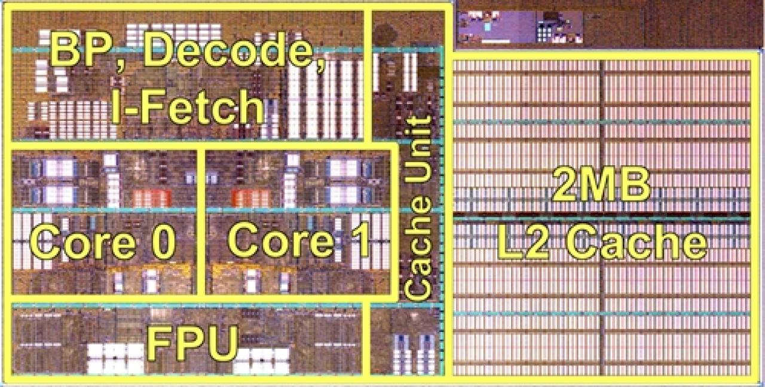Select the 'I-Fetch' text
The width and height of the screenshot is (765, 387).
point(188,105)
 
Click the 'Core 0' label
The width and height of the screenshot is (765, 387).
point(103,240)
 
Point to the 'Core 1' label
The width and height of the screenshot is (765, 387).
point(298,239)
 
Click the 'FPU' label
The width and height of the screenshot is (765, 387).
point(192,343)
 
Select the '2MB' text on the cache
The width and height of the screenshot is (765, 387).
point(601,185)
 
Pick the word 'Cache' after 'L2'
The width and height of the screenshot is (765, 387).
point(637,242)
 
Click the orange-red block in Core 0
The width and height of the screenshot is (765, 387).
point(152,199)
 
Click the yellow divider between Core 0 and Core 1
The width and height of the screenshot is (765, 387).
point(201,223)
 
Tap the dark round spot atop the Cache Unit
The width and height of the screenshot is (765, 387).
point(386,34)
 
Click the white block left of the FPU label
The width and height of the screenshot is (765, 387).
point(115,358)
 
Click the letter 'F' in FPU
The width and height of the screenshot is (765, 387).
point(159,343)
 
